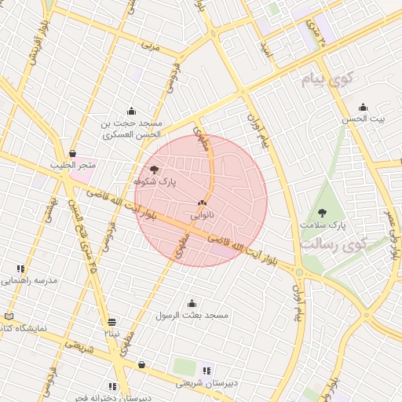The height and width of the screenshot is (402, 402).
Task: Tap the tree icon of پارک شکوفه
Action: (x=154, y=169)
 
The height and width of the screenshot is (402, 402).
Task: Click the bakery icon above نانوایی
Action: (x=203, y=202)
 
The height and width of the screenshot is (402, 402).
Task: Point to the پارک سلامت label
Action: (x=322, y=225)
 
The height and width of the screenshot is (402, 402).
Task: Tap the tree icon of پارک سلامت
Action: (x=322, y=213)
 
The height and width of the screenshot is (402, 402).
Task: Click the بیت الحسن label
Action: (x=362, y=119)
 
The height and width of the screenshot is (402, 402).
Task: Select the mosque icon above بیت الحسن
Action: (x=363, y=108)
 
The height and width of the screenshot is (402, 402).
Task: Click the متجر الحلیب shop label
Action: (x=73, y=165)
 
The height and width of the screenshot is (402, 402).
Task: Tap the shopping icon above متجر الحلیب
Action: (x=73, y=153)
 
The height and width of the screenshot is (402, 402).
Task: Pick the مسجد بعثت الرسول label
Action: (x=192, y=316)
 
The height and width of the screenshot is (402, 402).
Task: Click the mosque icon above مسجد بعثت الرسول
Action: (x=192, y=304)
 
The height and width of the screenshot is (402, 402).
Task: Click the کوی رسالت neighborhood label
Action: (x=333, y=244)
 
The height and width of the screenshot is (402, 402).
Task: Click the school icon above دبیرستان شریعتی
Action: (x=206, y=371)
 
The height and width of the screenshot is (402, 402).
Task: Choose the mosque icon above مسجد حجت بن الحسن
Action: (x=131, y=111)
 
